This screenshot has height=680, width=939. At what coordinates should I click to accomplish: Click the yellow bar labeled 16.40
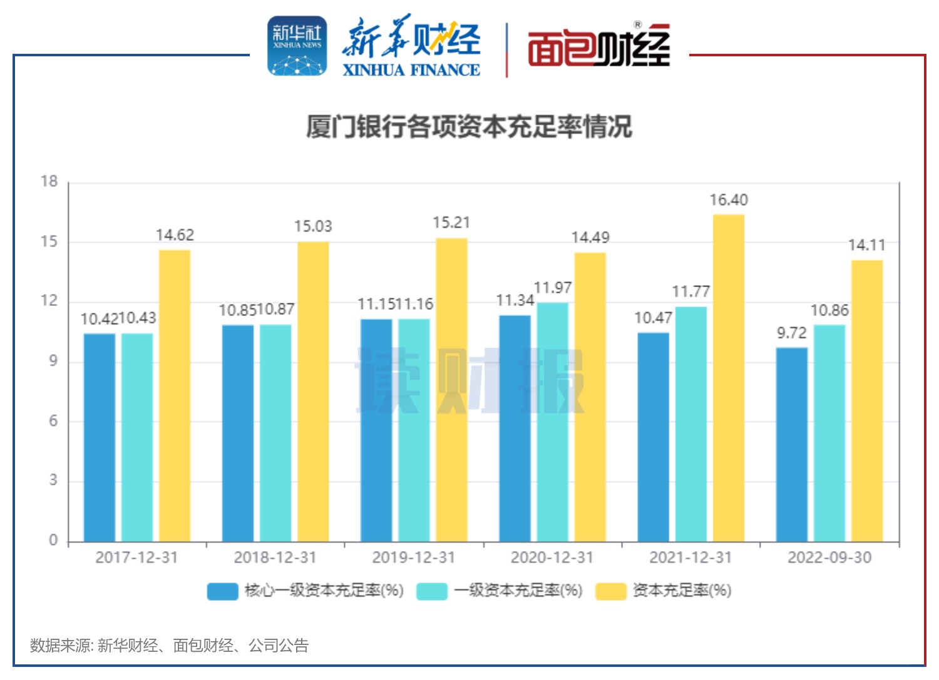coord(729,378)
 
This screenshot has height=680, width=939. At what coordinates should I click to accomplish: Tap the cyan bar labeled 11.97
coord(553,422)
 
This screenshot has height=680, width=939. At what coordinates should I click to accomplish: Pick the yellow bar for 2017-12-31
coord(175,395)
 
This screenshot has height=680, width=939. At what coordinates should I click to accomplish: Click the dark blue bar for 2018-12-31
coord(238,433)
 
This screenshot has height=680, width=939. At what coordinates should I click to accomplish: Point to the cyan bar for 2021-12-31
coord(691,424)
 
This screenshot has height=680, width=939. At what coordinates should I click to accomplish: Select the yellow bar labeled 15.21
coord(451,389)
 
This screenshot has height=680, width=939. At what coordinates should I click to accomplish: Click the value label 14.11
coord(867,245)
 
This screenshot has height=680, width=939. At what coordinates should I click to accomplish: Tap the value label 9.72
coord(792,333)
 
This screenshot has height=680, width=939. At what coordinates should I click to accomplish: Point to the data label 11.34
coord(515,300)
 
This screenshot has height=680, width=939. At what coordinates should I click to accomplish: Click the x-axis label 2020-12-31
coord(552,557)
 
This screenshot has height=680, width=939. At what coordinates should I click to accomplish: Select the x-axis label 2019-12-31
coord(414,557)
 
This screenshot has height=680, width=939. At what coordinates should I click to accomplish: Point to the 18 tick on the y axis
coord(49,181)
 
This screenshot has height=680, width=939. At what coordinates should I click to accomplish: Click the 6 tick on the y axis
coord(53,421)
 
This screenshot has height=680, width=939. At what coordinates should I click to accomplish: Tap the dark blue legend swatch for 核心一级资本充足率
coord(223,591)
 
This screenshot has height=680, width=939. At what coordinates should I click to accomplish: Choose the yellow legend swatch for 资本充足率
coord(610,591)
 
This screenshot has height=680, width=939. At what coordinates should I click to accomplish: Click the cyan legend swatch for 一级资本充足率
coord(432,591)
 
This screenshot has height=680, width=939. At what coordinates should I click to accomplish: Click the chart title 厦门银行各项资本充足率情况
coord(469,126)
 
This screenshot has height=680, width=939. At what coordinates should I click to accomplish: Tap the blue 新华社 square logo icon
coord(297,46)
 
